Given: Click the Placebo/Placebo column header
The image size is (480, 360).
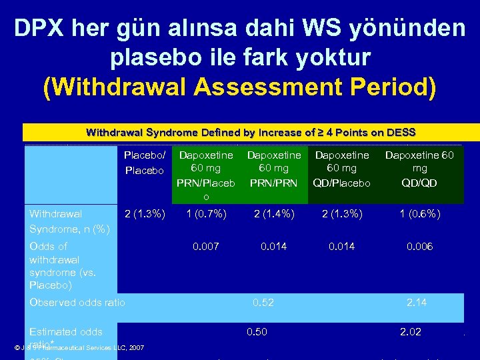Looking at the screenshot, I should tap(144, 163).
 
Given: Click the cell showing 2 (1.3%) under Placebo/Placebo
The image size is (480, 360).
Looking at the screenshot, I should tap(145, 214).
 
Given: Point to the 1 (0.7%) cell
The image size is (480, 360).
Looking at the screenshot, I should tap(206, 214).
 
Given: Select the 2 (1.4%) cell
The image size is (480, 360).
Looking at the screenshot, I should tap(274, 214).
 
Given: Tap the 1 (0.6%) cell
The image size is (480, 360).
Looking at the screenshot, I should tap(420, 214).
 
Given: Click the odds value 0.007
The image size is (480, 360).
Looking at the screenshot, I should tap(206, 247).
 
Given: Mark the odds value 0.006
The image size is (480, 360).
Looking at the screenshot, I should tap(420, 247).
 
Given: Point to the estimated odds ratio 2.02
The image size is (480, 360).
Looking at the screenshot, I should tap(410, 332).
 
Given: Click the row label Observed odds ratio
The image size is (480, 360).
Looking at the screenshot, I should tap(77, 303).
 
